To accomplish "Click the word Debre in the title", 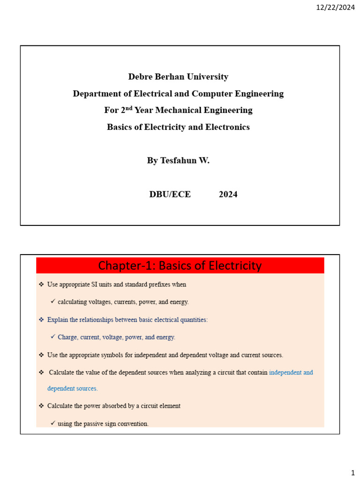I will [140, 76].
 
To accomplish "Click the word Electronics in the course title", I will [227, 127].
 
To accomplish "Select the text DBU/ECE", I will [170, 194].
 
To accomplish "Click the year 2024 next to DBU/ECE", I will [228, 194].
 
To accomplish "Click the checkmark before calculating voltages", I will [53, 301].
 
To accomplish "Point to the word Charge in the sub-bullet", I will [68, 337].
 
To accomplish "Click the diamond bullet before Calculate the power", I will [41, 406].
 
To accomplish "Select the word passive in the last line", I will [90, 424].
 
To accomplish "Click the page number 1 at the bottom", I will [352, 472].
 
